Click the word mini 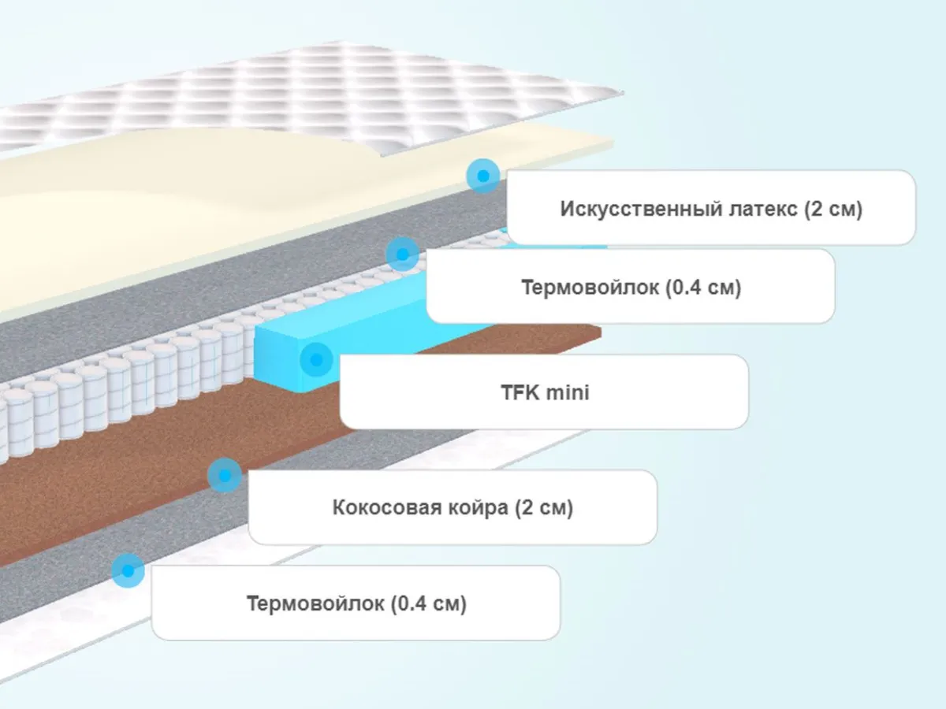pyautogui.click(x=564, y=392)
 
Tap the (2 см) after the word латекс pyautogui.click(x=834, y=210)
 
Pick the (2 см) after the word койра pyautogui.click(x=544, y=508)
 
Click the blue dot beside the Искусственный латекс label pyautogui.click(x=482, y=175)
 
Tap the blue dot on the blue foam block pyautogui.click(x=316, y=360)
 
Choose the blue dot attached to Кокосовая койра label pyautogui.click(x=225, y=476)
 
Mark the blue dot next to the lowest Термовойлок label pyautogui.click(x=127, y=570)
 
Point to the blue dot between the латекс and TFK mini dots pyautogui.click(x=402, y=254)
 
